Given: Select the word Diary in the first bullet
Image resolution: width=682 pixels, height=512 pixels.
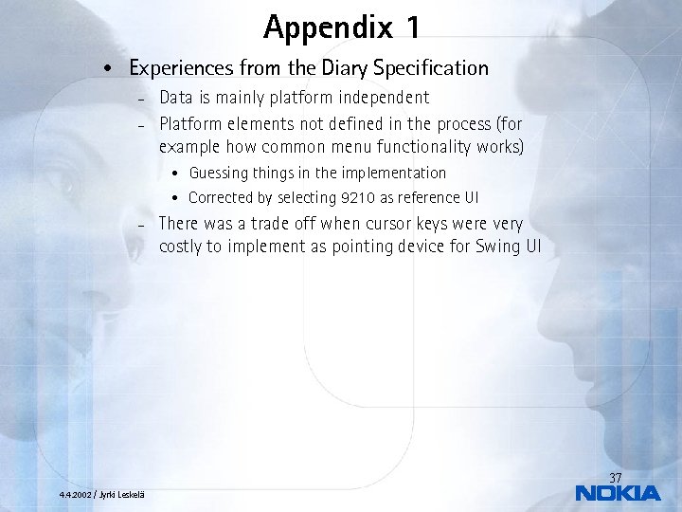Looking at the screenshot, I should pos(348,68).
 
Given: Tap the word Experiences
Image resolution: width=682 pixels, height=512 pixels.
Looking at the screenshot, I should pos(184,68).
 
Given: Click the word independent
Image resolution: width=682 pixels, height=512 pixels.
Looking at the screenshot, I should pos(378,98).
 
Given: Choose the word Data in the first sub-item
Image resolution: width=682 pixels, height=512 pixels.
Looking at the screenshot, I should pos(176,98).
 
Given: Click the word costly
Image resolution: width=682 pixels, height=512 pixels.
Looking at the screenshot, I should pos(182,247).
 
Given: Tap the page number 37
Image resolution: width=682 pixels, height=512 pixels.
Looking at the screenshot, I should pos(615,477).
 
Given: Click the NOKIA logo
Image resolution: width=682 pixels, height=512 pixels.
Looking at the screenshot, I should pos(618,493).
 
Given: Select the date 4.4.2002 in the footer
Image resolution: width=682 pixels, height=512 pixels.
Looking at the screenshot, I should pos(75,495).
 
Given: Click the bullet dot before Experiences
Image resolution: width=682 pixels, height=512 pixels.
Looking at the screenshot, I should pos(111,69).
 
